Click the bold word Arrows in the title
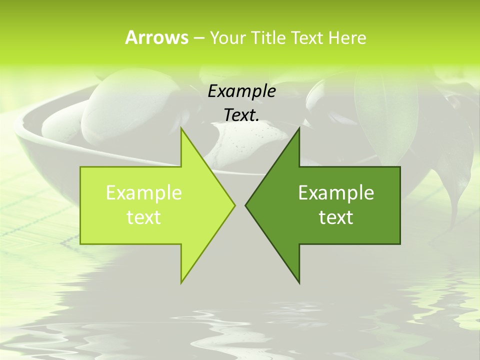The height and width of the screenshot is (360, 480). (156, 37)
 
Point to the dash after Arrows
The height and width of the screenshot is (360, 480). (198, 38)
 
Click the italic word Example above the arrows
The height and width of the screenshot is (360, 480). (241, 91)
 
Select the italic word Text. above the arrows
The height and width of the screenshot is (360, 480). (241, 115)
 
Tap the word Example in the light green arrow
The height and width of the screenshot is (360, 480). (143, 193)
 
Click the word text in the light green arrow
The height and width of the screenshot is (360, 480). (143, 217)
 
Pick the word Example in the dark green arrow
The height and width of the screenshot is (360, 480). (336, 193)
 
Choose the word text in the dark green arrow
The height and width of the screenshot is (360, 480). (336, 217)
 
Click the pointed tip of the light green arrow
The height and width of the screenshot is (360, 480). (234, 205)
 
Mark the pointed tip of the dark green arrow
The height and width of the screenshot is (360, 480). (245, 205)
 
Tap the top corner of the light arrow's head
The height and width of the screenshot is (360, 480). (181, 128)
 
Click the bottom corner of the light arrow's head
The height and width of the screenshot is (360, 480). (181, 282)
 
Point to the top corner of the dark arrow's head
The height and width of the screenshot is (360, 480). (299, 128)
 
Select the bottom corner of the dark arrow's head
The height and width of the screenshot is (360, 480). (299, 282)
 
